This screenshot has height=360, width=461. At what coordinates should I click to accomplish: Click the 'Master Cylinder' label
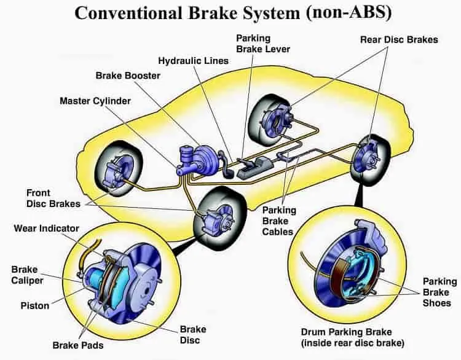pos(95,101)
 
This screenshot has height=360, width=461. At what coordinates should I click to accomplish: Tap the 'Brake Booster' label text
pos(128,76)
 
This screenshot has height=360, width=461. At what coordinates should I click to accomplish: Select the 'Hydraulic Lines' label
pos(193,61)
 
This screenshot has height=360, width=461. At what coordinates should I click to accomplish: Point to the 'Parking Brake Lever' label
pos(263,44)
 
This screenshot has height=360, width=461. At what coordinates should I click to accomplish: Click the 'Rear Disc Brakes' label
pos(399,40)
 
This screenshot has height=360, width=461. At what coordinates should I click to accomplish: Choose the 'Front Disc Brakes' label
pos(53,198)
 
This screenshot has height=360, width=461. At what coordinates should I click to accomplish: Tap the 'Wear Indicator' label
pos(47,229)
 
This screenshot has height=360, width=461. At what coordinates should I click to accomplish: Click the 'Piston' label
pos(34,306)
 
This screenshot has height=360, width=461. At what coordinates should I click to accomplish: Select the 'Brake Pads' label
pos(78,345)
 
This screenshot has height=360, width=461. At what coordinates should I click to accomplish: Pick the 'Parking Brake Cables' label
pos(279,221)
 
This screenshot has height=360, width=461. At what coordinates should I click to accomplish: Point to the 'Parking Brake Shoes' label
pos(440,292)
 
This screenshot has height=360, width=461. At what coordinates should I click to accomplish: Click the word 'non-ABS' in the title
pos(349,12)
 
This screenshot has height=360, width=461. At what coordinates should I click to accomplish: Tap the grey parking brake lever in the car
pos(253,168)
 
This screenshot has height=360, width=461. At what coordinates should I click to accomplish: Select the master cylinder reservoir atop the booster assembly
pos(185,155)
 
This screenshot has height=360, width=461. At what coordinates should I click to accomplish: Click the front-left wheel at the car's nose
pos(119,169)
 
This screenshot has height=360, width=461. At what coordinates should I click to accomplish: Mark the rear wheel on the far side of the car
pos(270,120)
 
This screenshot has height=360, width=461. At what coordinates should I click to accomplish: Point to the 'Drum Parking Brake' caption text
pos(346,332)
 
